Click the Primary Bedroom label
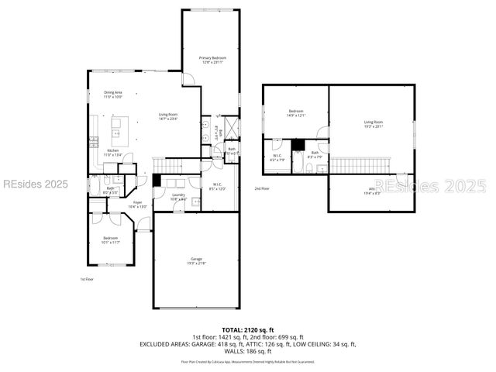pyautogui.click(x=210, y=60)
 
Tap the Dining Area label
pyautogui.click(x=113, y=95)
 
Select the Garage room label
pyautogui.click(x=196, y=261)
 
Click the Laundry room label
pyautogui.click(x=178, y=197)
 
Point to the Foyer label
pyautogui.click(x=136, y=205)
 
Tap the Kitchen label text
pyautogui.click(x=113, y=152)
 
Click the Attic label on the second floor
pyautogui.click(x=373, y=191)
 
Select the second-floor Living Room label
pyautogui.click(x=374, y=124)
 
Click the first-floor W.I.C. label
pyautogui.click(x=217, y=186)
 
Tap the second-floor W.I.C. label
pyautogui.click(x=277, y=157)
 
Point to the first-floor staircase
pyautogui.click(x=170, y=165)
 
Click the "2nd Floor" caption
pyautogui.click(x=262, y=188)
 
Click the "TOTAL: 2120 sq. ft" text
pyautogui.click(x=248, y=329)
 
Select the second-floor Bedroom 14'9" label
pyautogui.click(x=296, y=113)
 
